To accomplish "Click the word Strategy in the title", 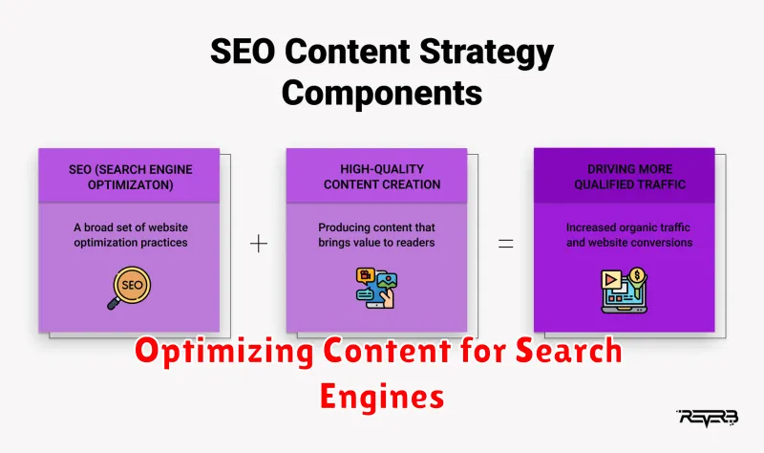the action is pyautogui.click(x=486, y=53).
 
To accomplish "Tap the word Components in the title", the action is pyautogui.click(x=382, y=93).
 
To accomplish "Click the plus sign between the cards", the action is pyautogui.click(x=259, y=244).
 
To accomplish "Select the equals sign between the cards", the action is pyautogui.click(x=506, y=244).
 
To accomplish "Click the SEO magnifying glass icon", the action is pyautogui.click(x=130, y=288).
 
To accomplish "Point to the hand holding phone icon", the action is pyautogui.click(x=376, y=289).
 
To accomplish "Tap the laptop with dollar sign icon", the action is pyautogui.click(x=625, y=291).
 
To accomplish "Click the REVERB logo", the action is pyautogui.click(x=707, y=418).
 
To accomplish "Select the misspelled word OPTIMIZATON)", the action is pyautogui.click(x=130, y=184).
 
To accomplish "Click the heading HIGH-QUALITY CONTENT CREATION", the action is pyautogui.click(x=382, y=177).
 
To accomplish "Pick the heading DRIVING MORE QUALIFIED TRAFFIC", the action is pyautogui.click(x=629, y=177).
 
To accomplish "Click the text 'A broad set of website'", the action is pyautogui.click(x=131, y=227).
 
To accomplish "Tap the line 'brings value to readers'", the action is pyautogui.click(x=376, y=243).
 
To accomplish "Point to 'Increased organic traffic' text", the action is pyautogui.click(x=628, y=227).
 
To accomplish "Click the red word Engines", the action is pyautogui.click(x=382, y=397).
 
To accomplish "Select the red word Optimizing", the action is pyautogui.click(x=224, y=352).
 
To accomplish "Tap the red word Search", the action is pyautogui.click(x=568, y=350).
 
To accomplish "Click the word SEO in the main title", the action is pyautogui.click(x=243, y=51).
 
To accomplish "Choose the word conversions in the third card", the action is pyautogui.click(x=661, y=243).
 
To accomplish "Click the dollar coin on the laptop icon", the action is pyautogui.click(x=637, y=275).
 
